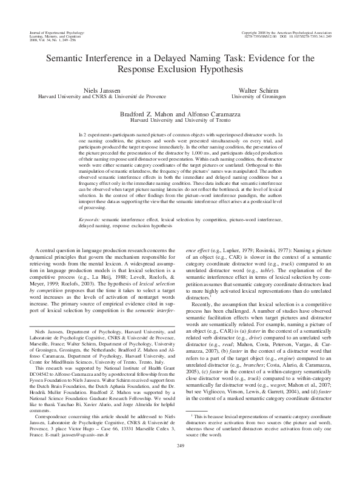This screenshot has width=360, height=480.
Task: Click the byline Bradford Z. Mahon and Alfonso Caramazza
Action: click(x=180, y=113)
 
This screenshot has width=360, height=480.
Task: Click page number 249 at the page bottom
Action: click(x=180, y=463)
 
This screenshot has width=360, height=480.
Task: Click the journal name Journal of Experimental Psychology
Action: click(x=57, y=31)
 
